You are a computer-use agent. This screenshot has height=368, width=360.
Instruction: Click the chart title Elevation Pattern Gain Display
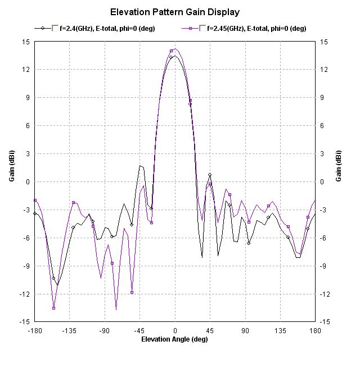coord(175,11)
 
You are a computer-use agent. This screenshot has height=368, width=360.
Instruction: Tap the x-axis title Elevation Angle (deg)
coord(175,339)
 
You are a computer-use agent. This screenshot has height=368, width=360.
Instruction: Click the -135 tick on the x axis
coord(69,331)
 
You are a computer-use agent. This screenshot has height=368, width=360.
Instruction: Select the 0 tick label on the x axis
coord(175,331)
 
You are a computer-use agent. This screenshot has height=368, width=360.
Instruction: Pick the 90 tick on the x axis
coord(245,331)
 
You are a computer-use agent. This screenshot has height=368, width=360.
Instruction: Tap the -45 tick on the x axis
coord(139,331)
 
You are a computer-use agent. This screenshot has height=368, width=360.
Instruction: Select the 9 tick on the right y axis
coord(324,98)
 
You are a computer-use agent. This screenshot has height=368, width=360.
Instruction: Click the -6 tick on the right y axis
coord(325,238)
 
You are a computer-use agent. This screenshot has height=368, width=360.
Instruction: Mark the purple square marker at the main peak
coord(171,51)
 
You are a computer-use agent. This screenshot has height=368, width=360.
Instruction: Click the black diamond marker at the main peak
coord(171,57)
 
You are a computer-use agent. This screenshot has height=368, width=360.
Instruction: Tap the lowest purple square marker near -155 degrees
coord(53,308)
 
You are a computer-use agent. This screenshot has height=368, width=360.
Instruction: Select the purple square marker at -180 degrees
coord(35,200)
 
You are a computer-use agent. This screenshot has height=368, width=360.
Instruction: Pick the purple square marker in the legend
coord(191,28)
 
